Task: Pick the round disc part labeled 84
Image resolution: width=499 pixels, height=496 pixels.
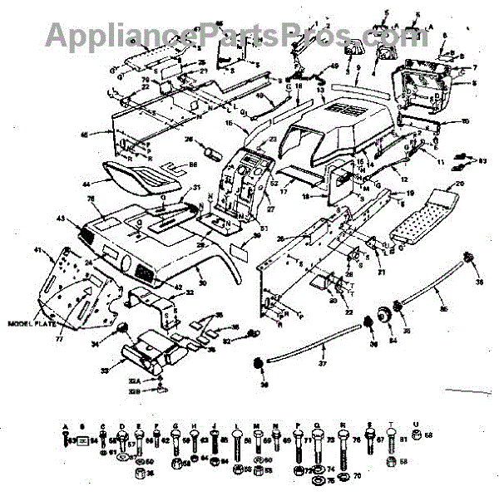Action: (384, 317)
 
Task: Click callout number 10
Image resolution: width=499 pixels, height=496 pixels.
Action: (465, 122)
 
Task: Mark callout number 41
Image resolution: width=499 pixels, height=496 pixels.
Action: (37, 250)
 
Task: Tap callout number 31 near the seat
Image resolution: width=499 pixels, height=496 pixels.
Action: (197, 187)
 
